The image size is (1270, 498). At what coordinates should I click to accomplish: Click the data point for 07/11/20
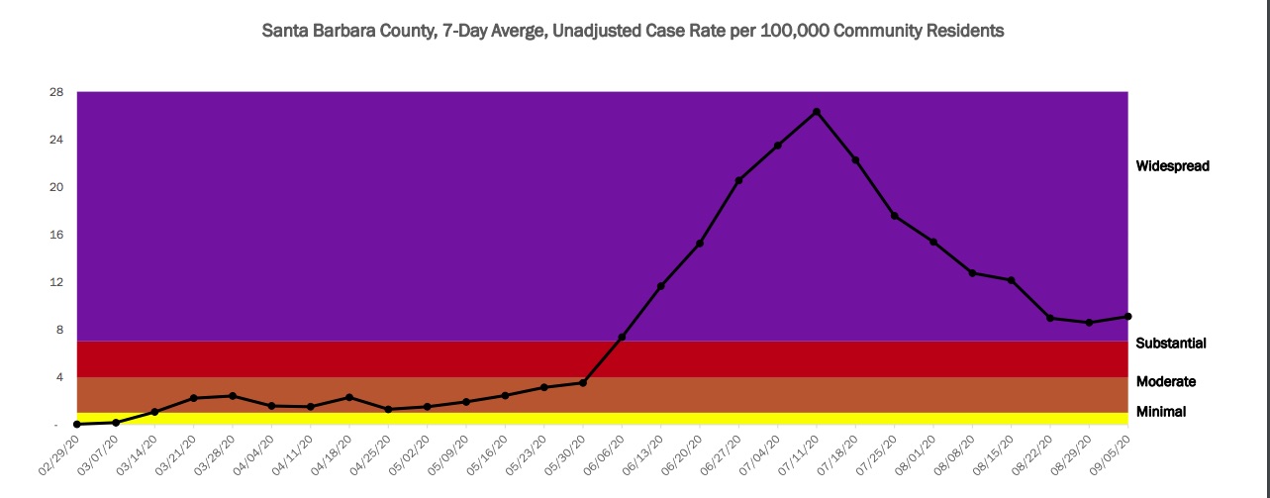click(x=816, y=112)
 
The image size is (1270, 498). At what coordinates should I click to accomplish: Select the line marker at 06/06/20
click(x=622, y=338)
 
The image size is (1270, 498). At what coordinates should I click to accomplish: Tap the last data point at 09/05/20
click(x=1128, y=317)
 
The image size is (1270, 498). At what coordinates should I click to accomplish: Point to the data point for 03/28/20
click(x=233, y=396)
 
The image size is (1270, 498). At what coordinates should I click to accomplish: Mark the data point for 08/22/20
click(x=1050, y=318)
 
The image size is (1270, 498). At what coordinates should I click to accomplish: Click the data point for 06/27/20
click(x=738, y=180)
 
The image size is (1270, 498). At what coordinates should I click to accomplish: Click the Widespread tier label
click(x=1173, y=166)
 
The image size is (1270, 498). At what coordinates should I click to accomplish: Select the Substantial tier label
click(x=1171, y=344)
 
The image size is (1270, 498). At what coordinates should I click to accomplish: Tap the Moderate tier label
click(x=1166, y=382)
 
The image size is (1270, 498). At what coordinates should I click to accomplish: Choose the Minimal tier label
click(x=1161, y=412)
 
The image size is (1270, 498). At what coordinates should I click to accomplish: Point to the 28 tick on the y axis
click(x=56, y=92)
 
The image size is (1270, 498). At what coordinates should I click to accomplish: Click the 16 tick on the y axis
click(x=56, y=235)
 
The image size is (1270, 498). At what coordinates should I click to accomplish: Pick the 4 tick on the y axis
click(x=59, y=377)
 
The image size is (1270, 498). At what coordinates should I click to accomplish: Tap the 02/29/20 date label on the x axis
click(x=60, y=456)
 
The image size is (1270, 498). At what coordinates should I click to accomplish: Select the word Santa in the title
click(x=285, y=31)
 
